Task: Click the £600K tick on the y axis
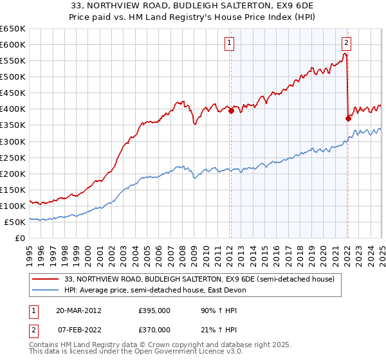[13, 44]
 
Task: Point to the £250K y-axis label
[13, 157]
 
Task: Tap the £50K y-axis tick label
[15, 222]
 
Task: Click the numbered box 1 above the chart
[230, 44]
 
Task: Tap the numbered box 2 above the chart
[346, 44]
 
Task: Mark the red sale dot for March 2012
[230, 110]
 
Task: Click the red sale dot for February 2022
[347, 118]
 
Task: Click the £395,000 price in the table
[154, 310]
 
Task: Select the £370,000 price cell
[154, 328]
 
